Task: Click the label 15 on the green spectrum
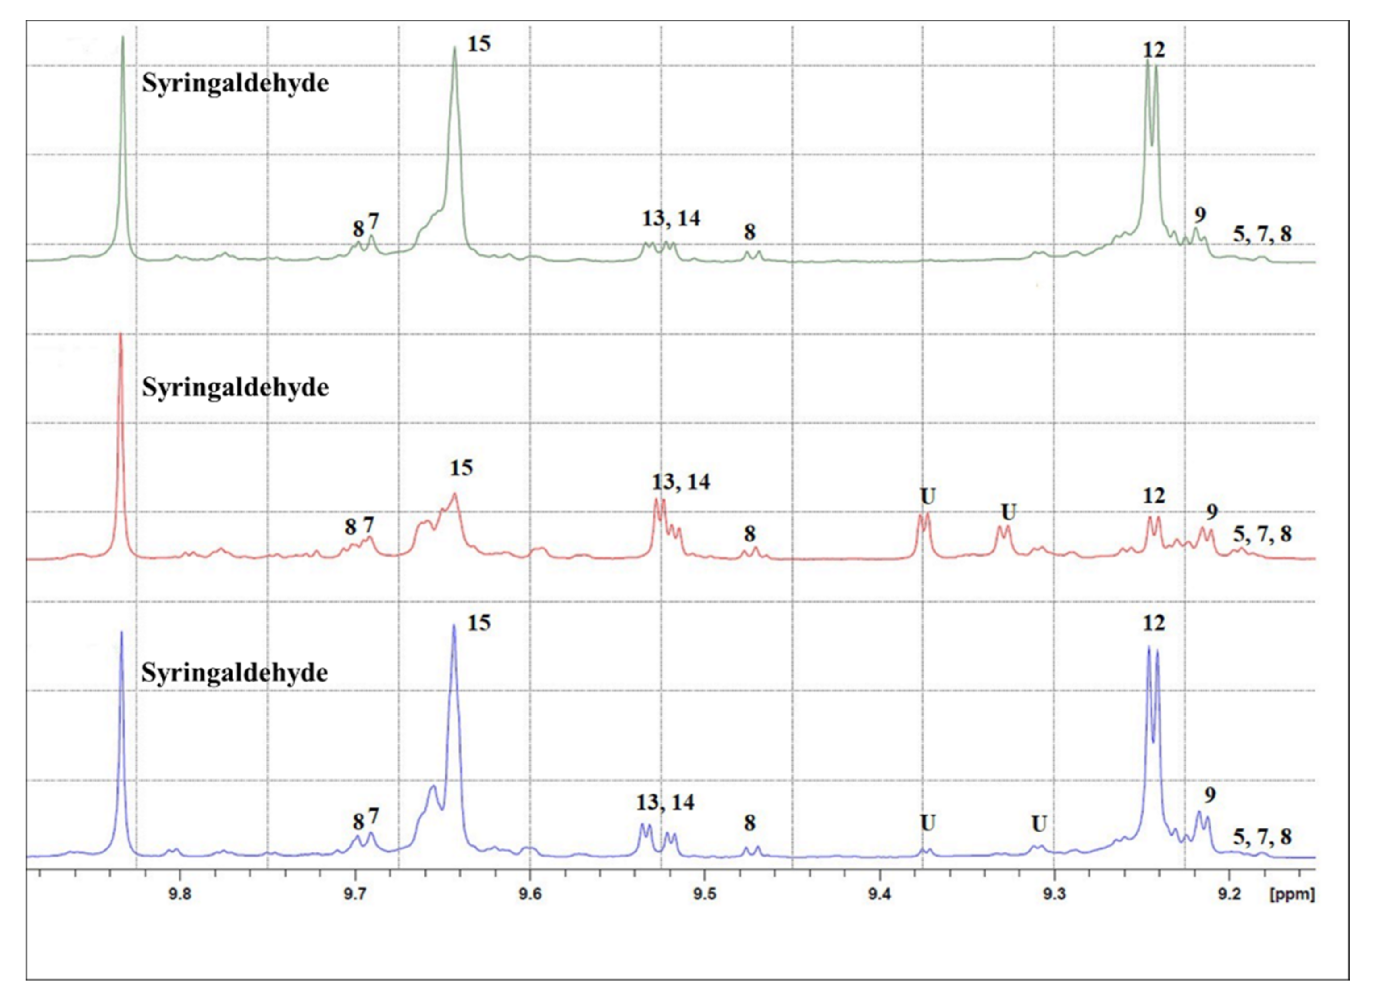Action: (479, 44)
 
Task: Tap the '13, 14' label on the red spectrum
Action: (680, 482)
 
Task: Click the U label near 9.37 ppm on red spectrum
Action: (928, 497)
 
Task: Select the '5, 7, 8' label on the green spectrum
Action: (1262, 234)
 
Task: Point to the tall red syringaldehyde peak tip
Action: (121, 335)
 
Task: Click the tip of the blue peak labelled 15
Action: (454, 625)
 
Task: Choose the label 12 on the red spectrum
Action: (1153, 496)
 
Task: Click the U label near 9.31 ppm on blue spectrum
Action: (1039, 824)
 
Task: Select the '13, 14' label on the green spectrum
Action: (671, 219)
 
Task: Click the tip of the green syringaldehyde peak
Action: (122, 37)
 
